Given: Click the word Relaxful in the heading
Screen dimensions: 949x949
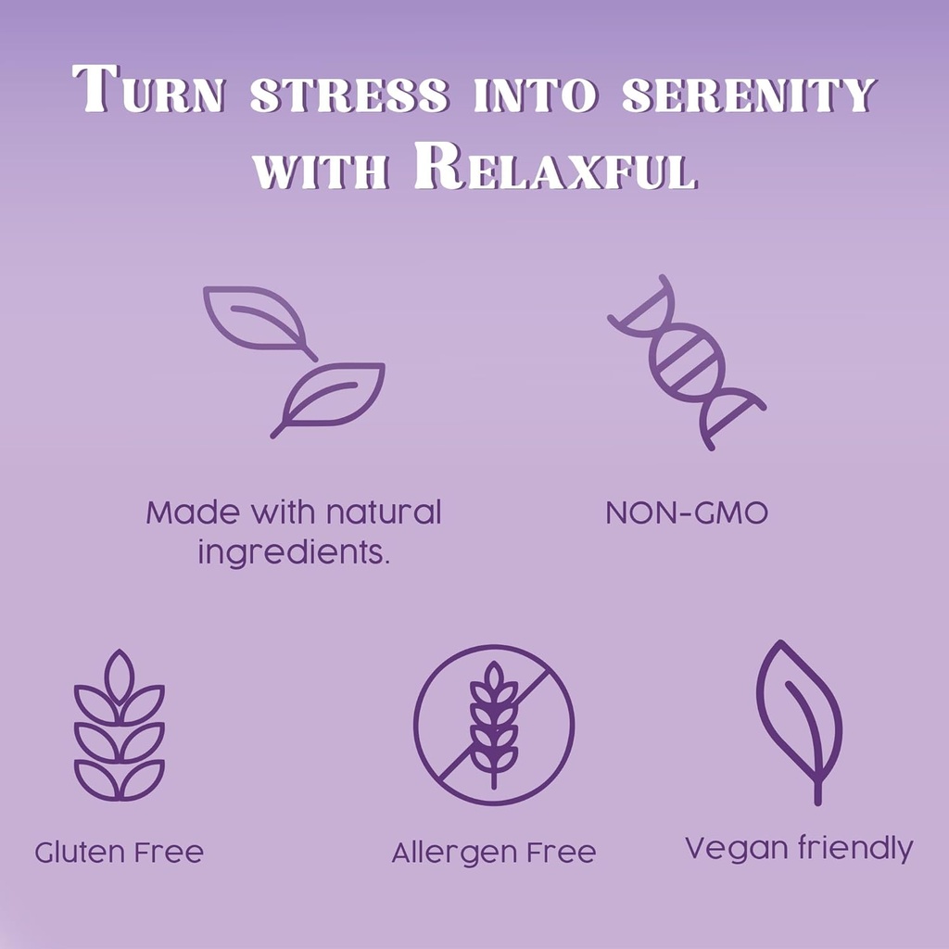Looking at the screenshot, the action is pyautogui.click(x=556, y=167).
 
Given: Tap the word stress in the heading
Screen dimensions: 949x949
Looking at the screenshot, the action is pyautogui.click(x=349, y=95).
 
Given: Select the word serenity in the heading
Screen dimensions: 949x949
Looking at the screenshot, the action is pyautogui.click(x=749, y=95).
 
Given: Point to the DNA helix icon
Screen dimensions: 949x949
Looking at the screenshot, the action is pyautogui.click(x=687, y=362).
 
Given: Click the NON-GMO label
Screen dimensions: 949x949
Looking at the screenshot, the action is pyautogui.click(x=687, y=513).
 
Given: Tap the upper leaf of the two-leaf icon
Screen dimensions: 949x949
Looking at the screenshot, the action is pyautogui.click(x=258, y=320).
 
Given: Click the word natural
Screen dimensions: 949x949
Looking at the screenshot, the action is pyautogui.click(x=384, y=512).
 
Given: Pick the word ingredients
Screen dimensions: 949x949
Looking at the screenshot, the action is pyautogui.click(x=294, y=552).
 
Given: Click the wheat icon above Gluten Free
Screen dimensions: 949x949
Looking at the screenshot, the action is pyautogui.click(x=120, y=725).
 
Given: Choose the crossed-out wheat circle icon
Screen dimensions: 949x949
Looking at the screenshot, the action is pyautogui.click(x=494, y=725).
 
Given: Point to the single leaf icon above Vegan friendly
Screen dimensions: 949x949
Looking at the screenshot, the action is pyautogui.click(x=799, y=722).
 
